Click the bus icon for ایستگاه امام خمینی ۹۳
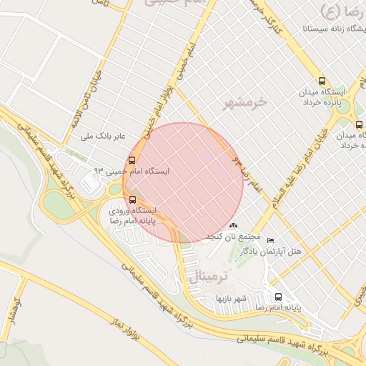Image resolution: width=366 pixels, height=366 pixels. click(x=132, y=160)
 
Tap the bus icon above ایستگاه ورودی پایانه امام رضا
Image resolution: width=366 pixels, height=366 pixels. click(x=132, y=199)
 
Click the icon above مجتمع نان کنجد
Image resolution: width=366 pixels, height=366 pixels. click(x=232, y=226)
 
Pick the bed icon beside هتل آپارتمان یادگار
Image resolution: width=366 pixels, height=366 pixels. click(x=269, y=240)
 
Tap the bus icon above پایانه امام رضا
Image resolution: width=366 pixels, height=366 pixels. click(x=278, y=297)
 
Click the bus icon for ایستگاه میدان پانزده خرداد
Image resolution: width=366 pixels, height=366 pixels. click(x=321, y=81)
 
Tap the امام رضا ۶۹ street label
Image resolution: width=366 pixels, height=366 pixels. click(x=247, y=172)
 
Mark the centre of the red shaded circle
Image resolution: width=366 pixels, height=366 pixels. click(x=184, y=182)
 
